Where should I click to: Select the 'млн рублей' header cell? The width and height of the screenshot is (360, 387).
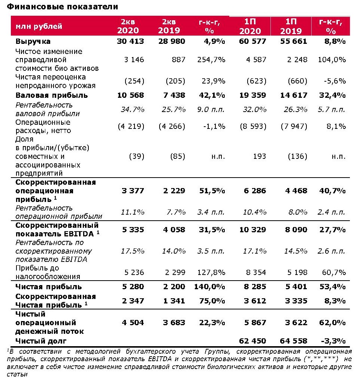pos(39,26)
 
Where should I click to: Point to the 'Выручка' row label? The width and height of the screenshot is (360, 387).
pos(33,41)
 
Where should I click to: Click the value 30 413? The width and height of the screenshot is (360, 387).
pos(130,41)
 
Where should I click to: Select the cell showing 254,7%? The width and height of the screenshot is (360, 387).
pos(212,60)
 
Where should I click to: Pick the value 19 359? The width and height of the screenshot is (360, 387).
pos(252,95)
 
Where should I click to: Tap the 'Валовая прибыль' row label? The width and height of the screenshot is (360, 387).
pos(52,95)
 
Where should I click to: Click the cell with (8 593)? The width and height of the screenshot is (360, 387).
pos(253,127)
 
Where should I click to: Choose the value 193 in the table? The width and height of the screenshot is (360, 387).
pos(260,156)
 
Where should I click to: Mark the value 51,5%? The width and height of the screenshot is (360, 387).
pos(212,191)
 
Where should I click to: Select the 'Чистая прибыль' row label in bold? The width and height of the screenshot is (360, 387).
pos(49,287)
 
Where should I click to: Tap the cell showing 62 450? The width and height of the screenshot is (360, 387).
pos(252,341)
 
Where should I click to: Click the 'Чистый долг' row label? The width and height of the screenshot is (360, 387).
pos(41,341)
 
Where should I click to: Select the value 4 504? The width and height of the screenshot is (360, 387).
pos(131,323)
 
